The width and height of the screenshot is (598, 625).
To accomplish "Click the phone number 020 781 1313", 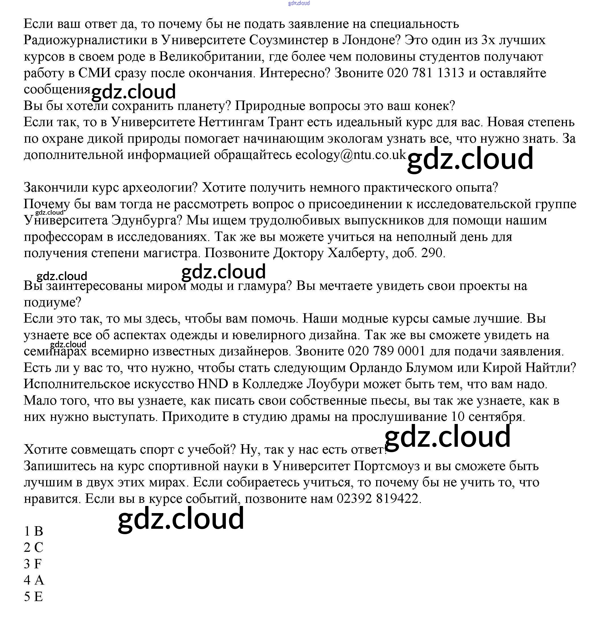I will (425, 73).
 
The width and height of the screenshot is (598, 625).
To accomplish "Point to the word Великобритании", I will (210, 57).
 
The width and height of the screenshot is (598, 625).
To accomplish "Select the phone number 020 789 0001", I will (386, 351).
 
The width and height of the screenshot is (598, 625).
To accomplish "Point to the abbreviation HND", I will (213, 384).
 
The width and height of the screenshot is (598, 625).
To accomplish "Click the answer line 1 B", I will (34, 531).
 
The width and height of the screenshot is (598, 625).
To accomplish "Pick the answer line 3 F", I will (33, 564).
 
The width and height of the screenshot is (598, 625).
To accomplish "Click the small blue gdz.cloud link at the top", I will (299, 3).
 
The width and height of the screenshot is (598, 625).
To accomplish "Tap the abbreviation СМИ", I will (94, 73).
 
